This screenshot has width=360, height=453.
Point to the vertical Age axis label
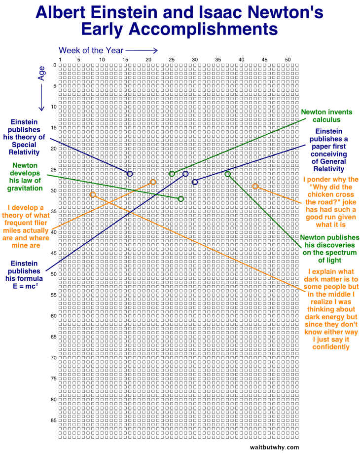pos(42,74)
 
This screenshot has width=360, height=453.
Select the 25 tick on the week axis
pos(172,60)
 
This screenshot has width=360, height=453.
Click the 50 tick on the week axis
pos(288,60)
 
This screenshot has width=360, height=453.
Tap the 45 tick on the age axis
pos(53,253)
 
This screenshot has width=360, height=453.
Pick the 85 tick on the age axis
pos(53,420)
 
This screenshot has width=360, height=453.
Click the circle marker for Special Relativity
pos(130,174)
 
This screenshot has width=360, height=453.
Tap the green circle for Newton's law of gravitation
pos(181,199)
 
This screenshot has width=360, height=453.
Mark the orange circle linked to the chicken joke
pos(255,186)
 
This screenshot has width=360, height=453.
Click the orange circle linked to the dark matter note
pos(92,194)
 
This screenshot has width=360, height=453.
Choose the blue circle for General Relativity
pos(195,182)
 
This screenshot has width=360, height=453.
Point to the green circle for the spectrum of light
pos(227,174)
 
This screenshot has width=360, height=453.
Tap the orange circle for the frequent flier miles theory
pos(153,182)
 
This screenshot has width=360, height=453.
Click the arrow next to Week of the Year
pos(142,50)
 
